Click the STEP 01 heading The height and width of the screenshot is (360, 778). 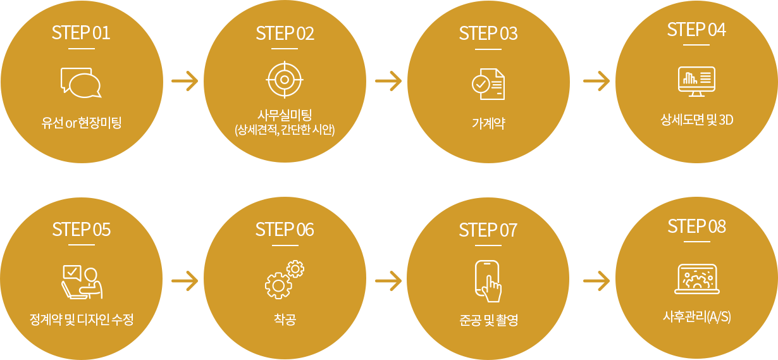click(x=81, y=33)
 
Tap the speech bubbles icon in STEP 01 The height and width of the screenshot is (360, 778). click(x=81, y=82)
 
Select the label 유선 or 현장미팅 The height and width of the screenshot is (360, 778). click(x=81, y=123)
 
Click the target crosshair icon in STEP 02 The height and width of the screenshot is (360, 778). click(x=285, y=80)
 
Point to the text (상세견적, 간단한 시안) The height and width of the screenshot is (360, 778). click(x=285, y=130)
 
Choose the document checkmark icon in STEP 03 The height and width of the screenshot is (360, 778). click(x=488, y=84)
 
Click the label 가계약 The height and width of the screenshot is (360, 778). click(x=488, y=123)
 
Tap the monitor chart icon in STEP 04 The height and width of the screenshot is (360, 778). click(x=696, y=81)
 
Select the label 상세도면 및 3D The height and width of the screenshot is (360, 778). click(x=696, y=120)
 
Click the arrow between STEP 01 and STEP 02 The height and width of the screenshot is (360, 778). click(x=185, y=81)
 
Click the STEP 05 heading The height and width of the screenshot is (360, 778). click(x=81, y=229)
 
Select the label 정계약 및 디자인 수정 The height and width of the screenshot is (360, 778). click(x=81, y=320)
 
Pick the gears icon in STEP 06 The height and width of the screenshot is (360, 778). click(x=285, y=279)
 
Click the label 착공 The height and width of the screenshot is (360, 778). click(x=285, y=320)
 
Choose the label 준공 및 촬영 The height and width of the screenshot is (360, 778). click(x=488, y=320)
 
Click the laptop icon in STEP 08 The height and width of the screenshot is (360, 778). click(x=696, y=279)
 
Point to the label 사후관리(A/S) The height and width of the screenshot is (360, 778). click(x=696, y=316)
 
